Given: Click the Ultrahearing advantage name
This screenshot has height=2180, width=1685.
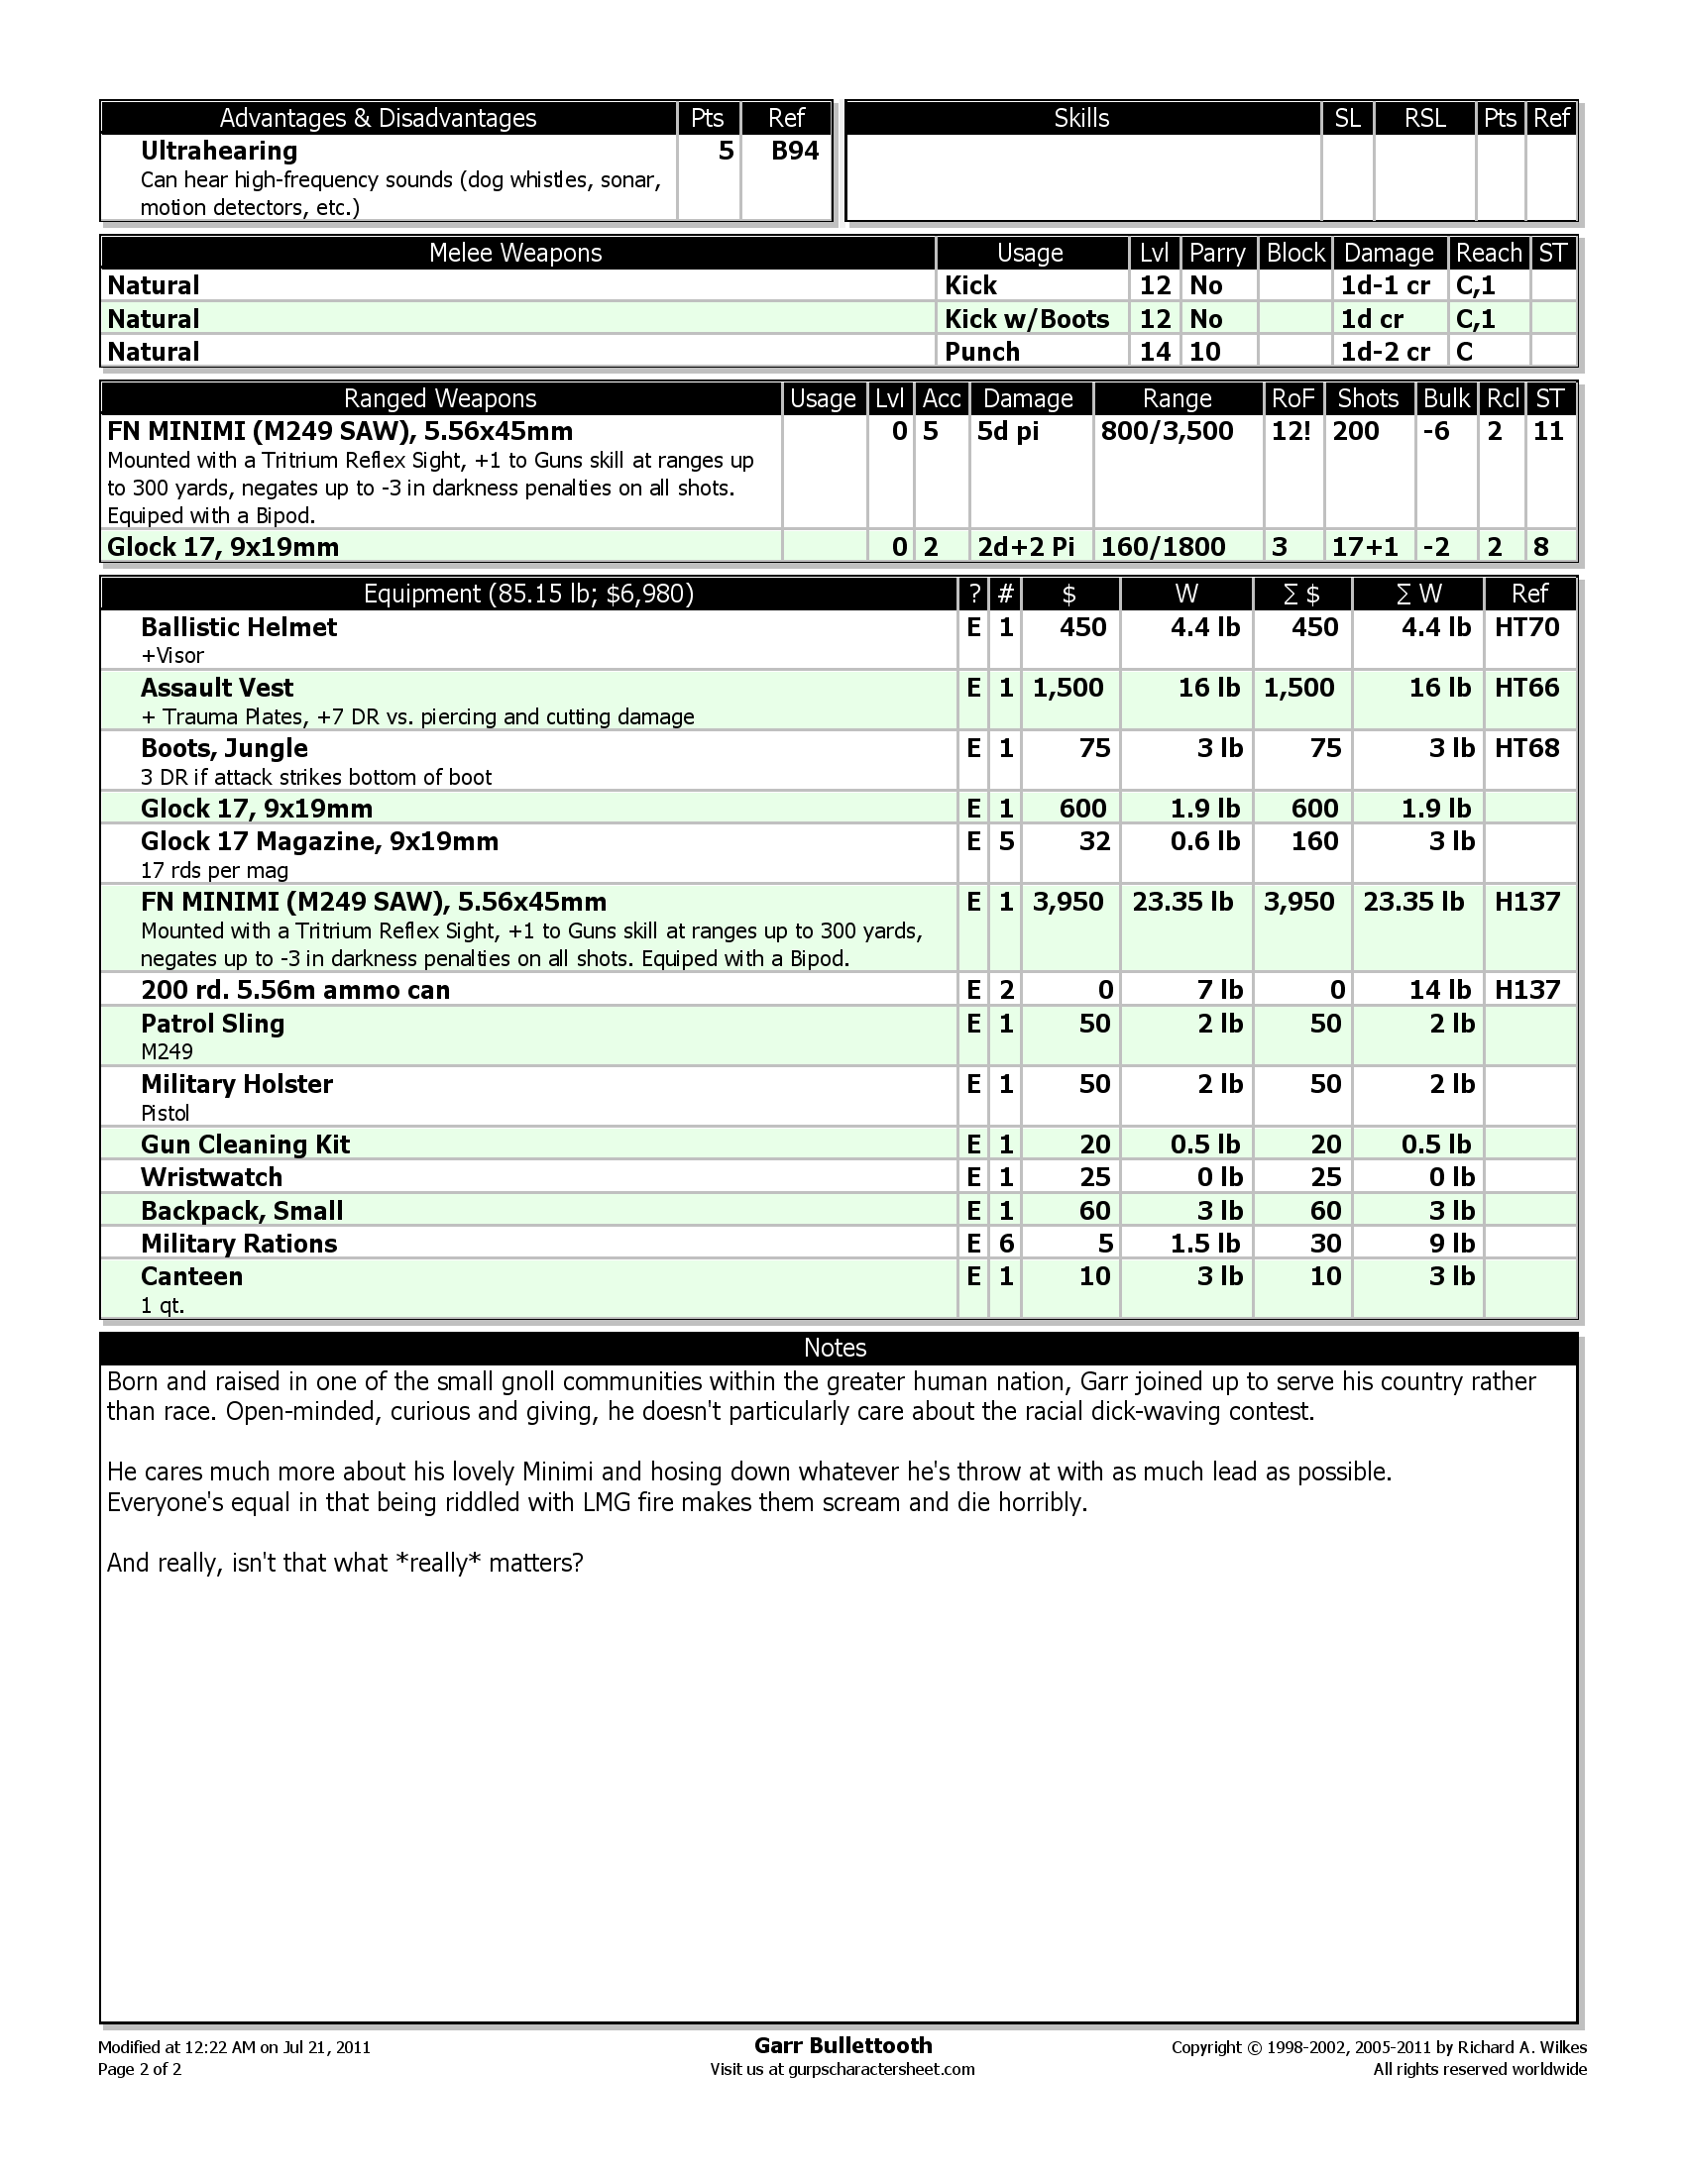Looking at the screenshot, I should (x=219, y=151).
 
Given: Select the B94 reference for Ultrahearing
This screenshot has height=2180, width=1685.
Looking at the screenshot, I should (x=795, y=151).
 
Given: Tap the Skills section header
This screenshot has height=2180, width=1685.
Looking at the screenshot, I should (x=1081, y=118).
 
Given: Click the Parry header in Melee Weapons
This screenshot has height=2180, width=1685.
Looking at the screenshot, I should (x=1217, y=253).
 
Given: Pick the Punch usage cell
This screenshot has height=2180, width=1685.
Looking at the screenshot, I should (x=982, y=352).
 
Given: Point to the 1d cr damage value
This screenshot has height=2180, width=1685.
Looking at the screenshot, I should (x=1372, y=318).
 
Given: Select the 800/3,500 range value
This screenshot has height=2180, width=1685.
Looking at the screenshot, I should (x=1167, y=431).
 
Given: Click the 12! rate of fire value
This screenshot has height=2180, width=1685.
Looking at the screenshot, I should (x=1291, y=431).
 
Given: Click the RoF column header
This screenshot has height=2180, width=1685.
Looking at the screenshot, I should (x=1292, y=398).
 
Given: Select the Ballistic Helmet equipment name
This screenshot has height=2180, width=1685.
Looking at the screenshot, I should (x=239, y=627).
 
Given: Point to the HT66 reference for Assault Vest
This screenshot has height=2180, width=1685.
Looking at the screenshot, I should (x=1526, y=688).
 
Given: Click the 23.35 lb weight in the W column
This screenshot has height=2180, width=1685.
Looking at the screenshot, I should (x=1182, y=903).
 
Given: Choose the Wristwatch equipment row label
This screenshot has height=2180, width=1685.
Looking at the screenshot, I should (x=212, y=1177).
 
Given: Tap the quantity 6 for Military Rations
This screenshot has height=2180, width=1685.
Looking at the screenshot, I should (x=1006, y=1244).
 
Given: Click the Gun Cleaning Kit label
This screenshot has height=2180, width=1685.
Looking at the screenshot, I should (x=245, y=1144).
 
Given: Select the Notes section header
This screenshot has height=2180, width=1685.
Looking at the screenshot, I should (x=835, y=1348).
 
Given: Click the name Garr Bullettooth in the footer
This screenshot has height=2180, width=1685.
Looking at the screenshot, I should (x=842, y=2045).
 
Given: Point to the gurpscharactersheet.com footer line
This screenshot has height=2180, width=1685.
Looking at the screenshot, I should (x=842, y=2069).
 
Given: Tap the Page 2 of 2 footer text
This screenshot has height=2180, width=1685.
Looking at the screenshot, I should (x=140, y=2069).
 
